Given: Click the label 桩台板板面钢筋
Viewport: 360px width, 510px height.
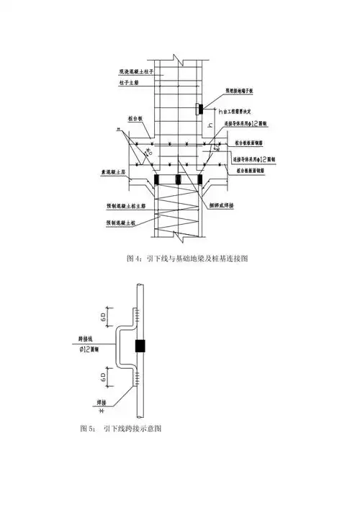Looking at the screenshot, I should click(x=251, y=143).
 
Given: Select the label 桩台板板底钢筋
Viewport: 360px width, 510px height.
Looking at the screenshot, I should click(x=251, y=171).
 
